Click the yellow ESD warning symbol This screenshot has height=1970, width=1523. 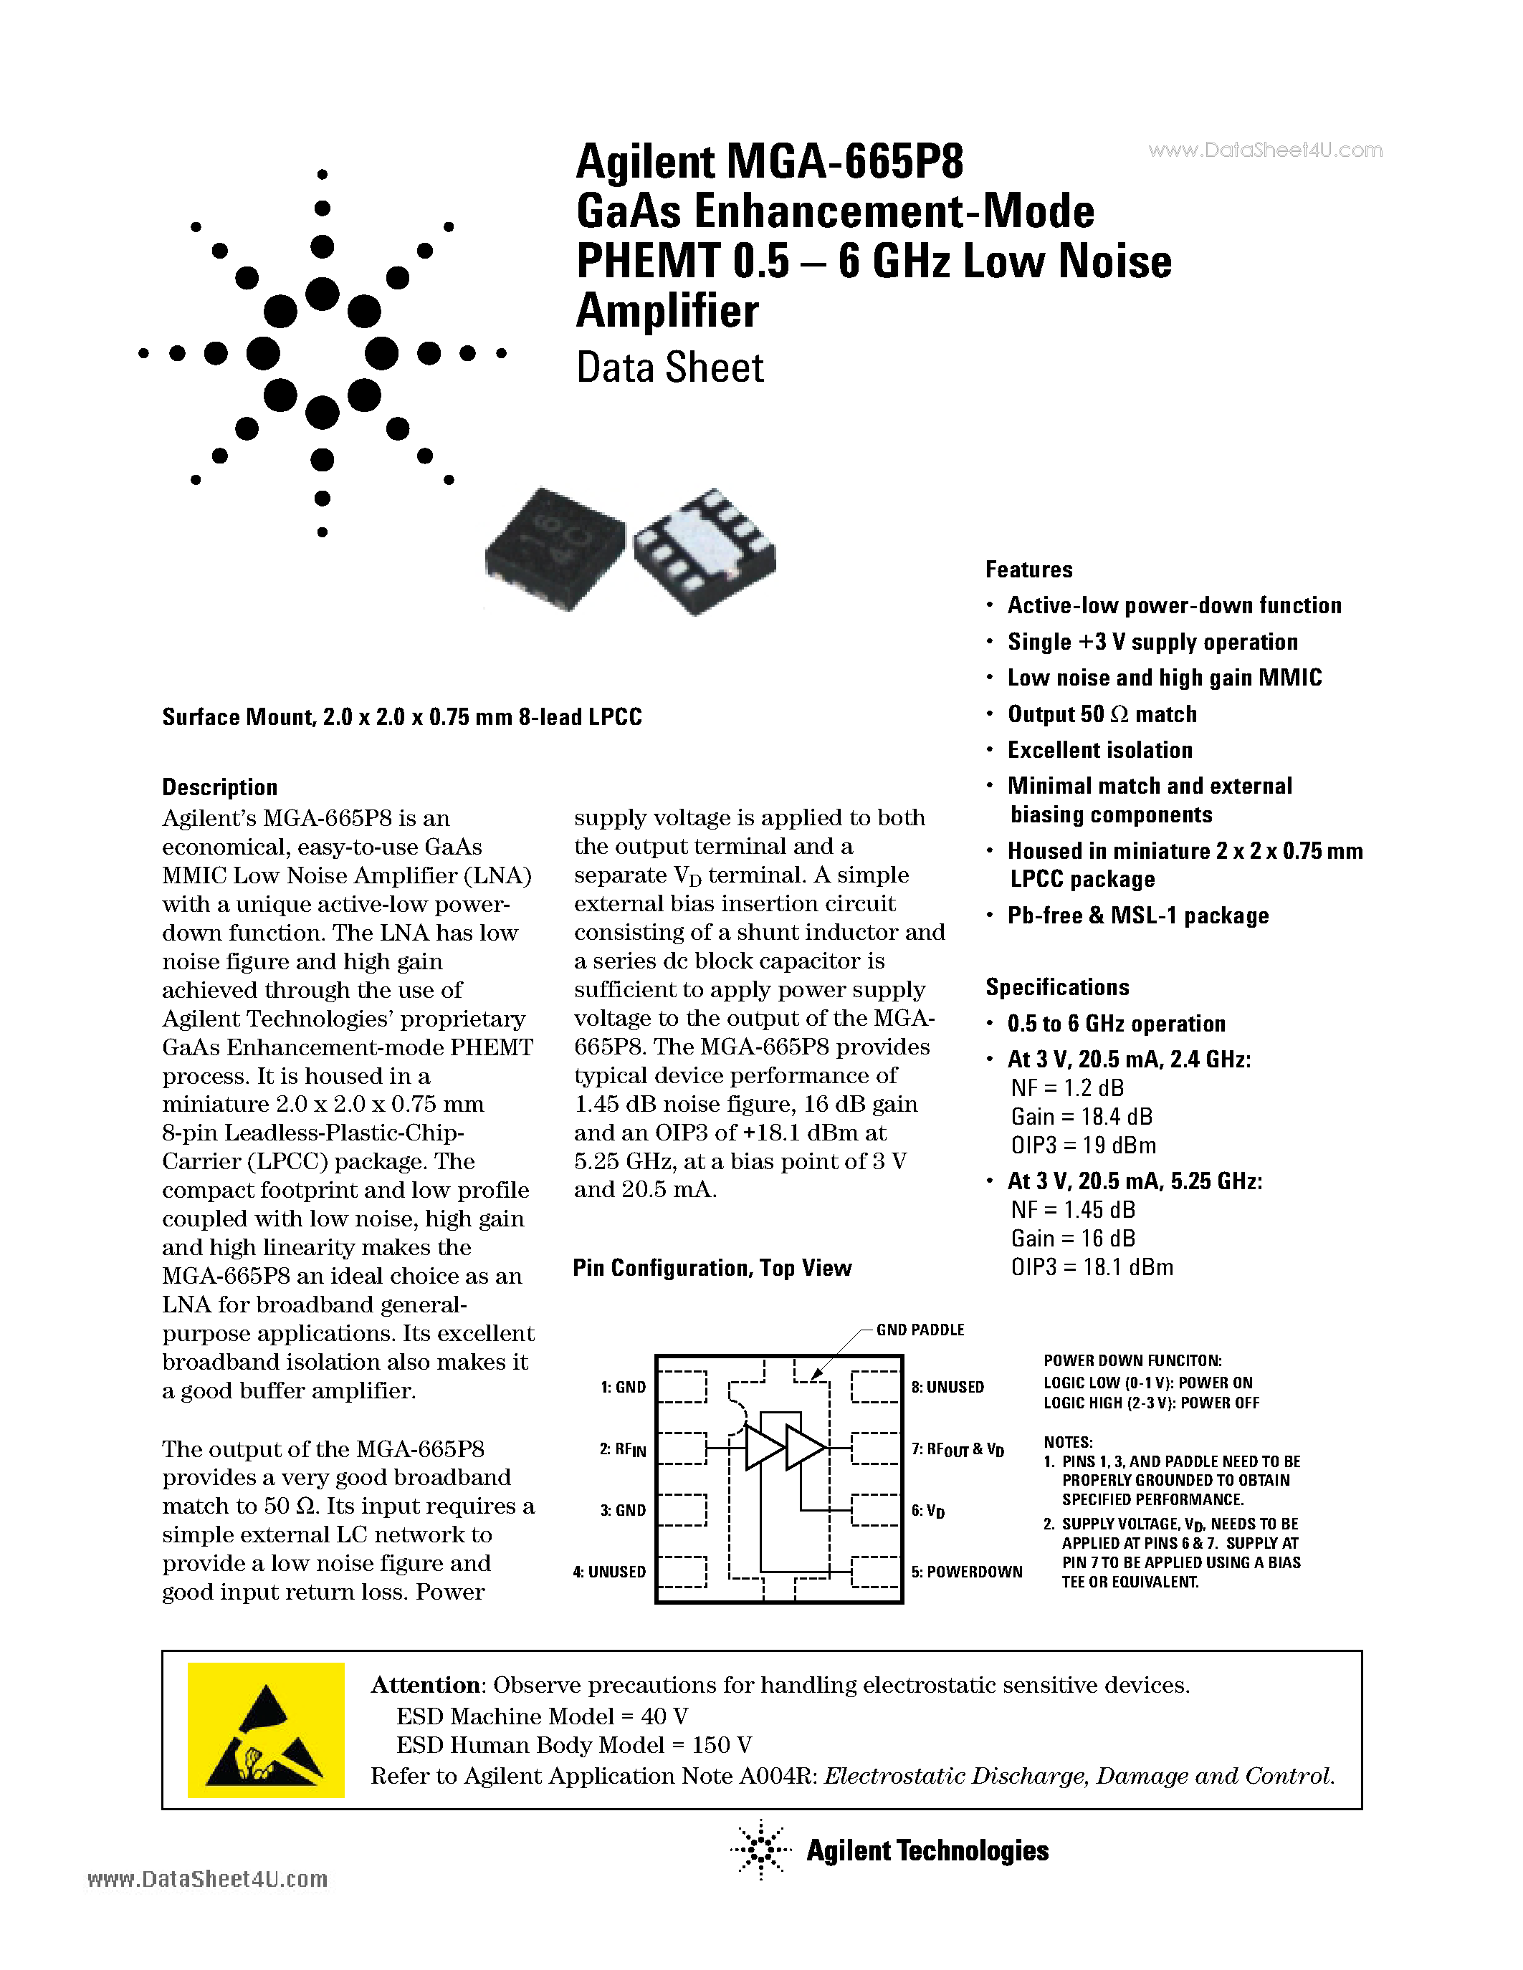265,1729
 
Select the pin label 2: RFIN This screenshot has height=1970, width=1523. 623,1449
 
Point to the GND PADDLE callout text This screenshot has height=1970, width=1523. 920,1330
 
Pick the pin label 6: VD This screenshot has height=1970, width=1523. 927,1511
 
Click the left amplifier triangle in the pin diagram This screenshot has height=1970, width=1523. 763,1448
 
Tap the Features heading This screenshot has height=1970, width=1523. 1028,570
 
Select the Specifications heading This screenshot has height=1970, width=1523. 1056,987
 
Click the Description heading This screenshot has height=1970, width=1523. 219,787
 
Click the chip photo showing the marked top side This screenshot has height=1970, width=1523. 555,549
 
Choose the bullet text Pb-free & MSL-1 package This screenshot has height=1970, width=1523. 1137,916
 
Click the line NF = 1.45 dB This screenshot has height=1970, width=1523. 1072,1210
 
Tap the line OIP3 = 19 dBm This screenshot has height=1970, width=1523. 1083,1145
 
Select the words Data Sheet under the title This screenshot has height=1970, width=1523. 669,368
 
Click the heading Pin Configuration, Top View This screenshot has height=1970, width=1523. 712,1268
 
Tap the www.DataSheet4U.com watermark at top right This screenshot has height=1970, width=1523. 1265,150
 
